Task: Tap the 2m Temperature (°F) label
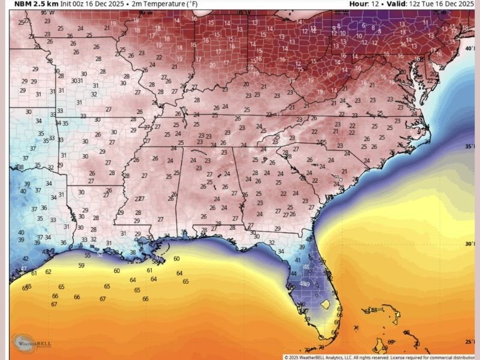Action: [x=167, y=4]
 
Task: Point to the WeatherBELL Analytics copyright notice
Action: [x=381, y=357]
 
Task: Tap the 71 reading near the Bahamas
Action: [x=355, y=328]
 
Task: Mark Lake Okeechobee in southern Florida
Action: [x=325, y=305]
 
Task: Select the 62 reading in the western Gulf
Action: [x=48, y=272]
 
